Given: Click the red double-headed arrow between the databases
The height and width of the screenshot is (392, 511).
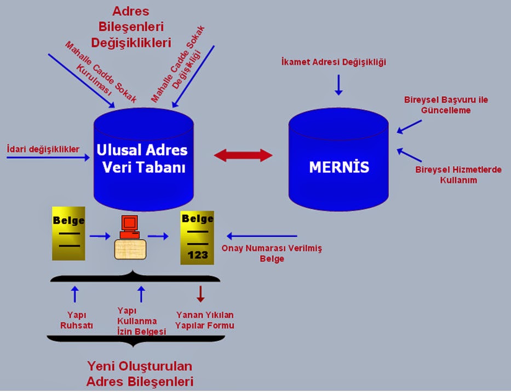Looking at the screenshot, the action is coord(243,155).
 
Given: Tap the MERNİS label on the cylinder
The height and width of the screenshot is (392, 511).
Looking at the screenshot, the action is coord(339,167).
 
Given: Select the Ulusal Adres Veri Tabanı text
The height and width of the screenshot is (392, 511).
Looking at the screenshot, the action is coord(142,159).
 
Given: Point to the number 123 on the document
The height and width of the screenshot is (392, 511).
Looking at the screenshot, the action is coord(198,255).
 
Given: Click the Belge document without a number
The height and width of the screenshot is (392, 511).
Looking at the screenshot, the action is coord(69,233).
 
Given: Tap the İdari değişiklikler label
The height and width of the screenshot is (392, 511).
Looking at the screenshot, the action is coord(43,149).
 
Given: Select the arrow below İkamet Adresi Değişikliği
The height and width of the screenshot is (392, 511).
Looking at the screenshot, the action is coord(338,85).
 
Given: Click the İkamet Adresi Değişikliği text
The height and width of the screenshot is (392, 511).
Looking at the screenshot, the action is coord(334,62).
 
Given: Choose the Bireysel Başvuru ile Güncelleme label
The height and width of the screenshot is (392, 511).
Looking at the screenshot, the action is coord(446,105).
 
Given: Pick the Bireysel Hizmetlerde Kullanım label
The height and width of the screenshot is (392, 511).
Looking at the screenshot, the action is coord(458,175).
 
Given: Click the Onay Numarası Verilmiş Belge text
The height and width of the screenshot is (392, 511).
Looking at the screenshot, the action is coord(272,253).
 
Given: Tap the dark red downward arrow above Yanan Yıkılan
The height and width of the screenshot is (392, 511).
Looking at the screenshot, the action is coord(200,294).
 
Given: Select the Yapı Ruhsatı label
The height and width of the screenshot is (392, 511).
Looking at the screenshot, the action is coord(77,320).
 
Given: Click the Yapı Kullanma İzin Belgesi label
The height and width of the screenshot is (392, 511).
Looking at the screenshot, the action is coord(141,321).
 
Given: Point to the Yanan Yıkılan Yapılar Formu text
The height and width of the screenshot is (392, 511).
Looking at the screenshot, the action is coord(205,320).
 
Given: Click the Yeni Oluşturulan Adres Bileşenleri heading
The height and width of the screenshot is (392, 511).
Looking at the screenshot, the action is coord(140,374).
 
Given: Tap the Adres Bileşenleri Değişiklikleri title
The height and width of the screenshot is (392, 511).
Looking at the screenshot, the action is coord(131,27).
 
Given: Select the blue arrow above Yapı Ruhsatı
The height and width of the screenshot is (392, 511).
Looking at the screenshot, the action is coord(75,294).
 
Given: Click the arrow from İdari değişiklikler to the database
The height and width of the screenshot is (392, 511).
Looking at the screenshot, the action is coord(48,157).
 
